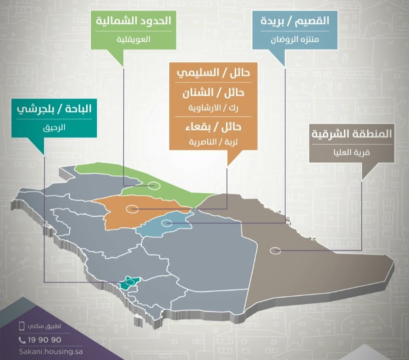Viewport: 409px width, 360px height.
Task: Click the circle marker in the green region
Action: (x=154, y=186)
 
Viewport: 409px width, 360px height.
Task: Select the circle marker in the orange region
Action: (x=133, y=209)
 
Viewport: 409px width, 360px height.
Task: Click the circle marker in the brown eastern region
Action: (x=275, y=251)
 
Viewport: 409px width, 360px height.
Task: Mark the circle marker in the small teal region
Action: (x=130, y=283)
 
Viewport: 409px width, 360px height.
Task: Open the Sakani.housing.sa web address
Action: (x=50, y=351)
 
